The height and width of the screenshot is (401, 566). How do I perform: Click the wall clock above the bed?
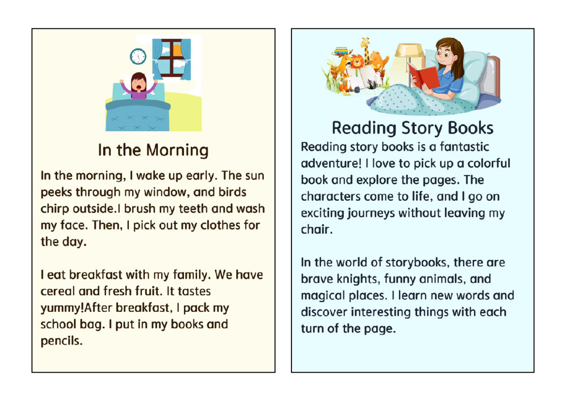[138, 57]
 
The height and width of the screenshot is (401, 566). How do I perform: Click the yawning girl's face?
[138, 83]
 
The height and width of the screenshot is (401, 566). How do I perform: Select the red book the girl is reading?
[423, 76]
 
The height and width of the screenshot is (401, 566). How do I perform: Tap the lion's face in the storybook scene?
[357, 61]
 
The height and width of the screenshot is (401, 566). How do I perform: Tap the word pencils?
[61, 341]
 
